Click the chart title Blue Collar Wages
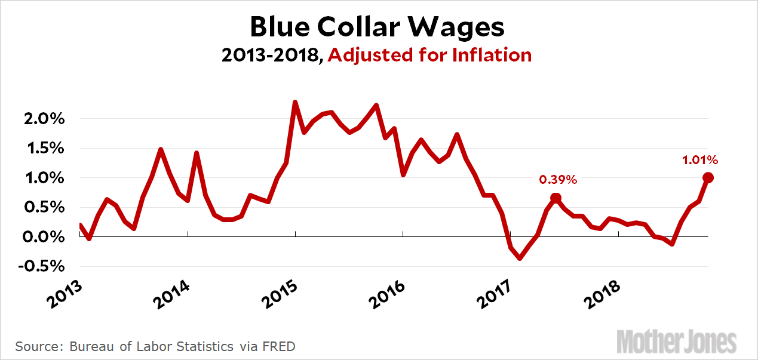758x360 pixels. pos(377,27)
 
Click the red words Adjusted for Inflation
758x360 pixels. pos(429,56)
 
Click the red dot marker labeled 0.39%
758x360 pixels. pos(556,198)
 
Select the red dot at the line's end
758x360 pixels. pos(708,177)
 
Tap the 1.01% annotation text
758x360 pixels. pos(699,160)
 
